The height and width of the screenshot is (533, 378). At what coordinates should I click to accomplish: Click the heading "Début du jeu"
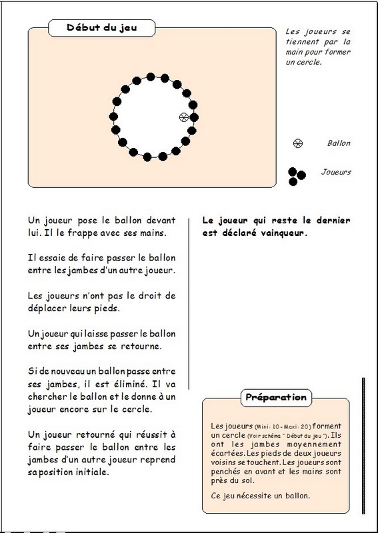pos(102,27)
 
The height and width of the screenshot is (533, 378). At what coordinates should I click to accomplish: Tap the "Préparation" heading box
pos(276,398)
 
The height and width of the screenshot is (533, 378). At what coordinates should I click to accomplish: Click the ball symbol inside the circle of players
pos(184,117)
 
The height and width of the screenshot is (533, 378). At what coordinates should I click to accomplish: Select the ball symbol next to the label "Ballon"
pos(298,143)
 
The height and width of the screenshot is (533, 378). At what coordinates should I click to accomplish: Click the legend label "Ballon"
pos(339,143)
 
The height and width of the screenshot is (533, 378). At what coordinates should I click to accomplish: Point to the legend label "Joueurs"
pos(336,172)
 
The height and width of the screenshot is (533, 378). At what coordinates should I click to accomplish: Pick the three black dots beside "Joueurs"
pos(297,177)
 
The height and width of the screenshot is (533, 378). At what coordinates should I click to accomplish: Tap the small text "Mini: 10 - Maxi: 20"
pos(283,427)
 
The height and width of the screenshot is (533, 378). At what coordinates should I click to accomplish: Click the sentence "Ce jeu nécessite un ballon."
pos(260,496)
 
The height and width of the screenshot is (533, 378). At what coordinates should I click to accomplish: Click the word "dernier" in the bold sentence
pos(333,221)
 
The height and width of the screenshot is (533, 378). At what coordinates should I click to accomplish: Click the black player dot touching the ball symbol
pos(194,118)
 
